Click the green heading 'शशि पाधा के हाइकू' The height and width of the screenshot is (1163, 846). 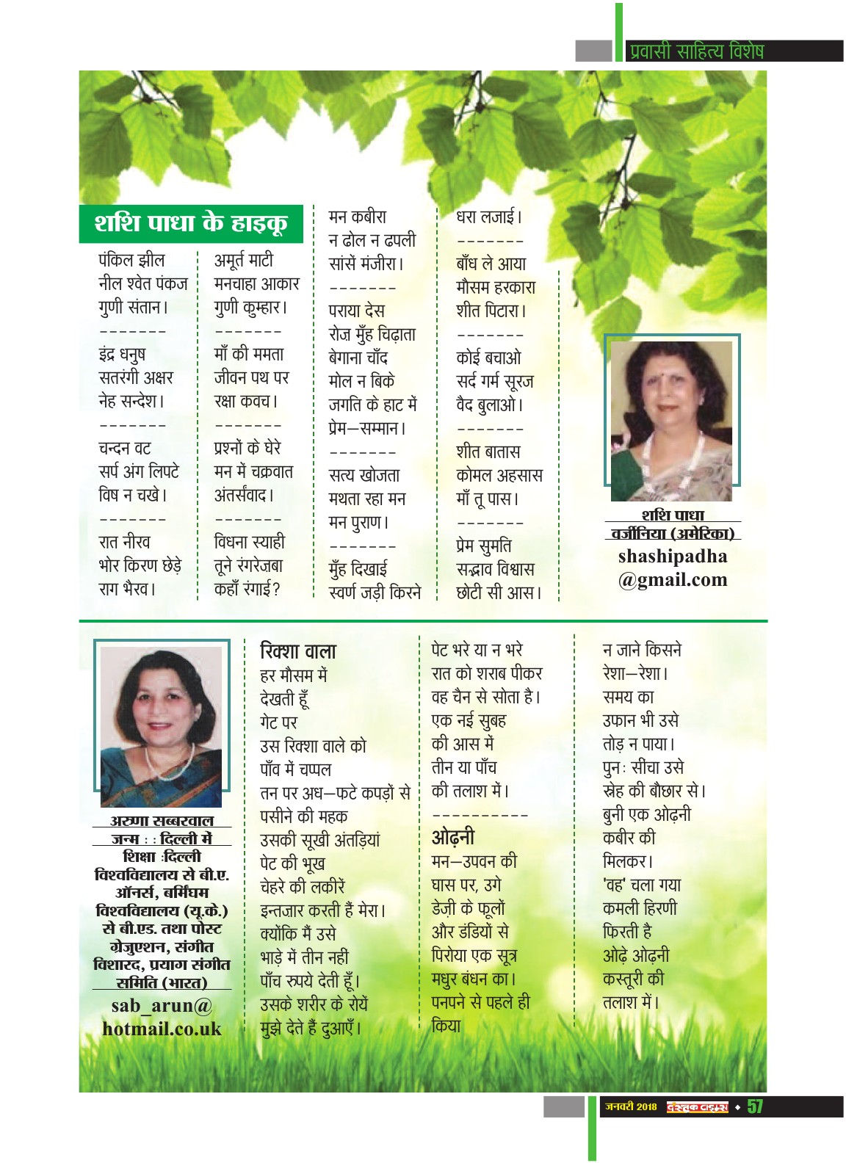(191, 223)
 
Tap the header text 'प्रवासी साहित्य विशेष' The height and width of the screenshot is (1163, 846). (696, 51)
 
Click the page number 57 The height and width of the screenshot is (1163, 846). (755, 1106)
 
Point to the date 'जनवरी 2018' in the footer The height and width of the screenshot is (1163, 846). (631, 1106)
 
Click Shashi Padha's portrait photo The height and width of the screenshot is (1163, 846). (671, 419)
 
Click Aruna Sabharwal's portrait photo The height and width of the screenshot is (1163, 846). (161, 725)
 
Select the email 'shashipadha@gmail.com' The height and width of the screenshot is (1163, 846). (672, 568)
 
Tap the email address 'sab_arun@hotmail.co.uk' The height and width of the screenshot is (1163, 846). (162, 1017)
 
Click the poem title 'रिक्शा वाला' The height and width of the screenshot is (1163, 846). (298, 651)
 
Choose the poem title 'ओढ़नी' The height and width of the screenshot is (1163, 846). (453, 837)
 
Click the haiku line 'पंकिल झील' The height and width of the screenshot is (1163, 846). (132, 260)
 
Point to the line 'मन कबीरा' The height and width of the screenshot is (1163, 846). (358, 217)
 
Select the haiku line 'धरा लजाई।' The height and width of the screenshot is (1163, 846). (489, 217)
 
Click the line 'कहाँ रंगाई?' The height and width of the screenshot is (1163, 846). (247, 589)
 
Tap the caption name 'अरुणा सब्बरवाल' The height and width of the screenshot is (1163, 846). (162, 821)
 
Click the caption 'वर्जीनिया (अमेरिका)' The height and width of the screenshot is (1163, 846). (672, 534)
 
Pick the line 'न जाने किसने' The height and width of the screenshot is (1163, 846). (642, 650)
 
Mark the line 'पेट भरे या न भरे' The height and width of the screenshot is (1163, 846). (477, 650)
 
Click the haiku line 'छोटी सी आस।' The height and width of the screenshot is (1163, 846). (499, 593)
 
